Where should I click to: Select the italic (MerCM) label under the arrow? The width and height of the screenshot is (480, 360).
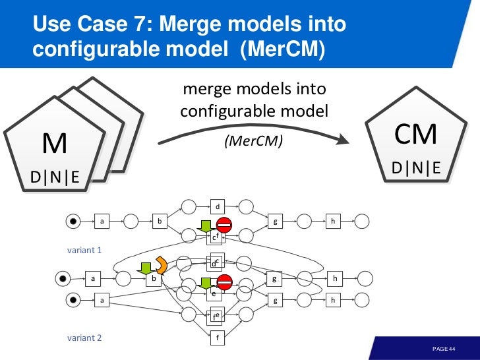click(253, 142)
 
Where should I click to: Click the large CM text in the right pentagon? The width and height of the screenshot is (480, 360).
click(415, 135)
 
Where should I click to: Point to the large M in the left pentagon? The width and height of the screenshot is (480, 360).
click(55, 144)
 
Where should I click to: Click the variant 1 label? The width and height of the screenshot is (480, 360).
click(85, 251)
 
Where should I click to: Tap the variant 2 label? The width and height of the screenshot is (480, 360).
click(85, 338)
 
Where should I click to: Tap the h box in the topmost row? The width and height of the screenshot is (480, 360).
click(334, 222)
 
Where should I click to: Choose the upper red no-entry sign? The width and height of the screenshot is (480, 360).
click(224, 225)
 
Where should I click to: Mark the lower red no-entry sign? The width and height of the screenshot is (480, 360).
click(225, 282)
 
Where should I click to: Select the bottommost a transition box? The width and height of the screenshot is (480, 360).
click(102, 300)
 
